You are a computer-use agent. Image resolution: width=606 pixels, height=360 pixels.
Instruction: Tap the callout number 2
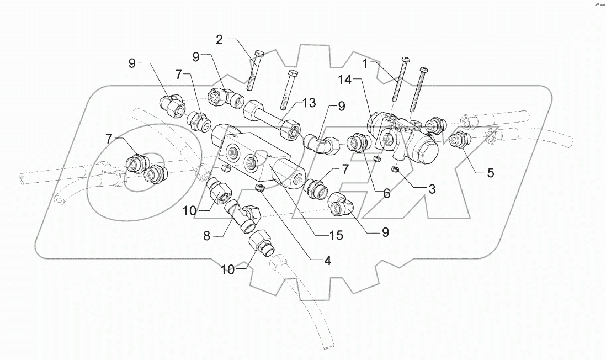click(x=219, y=40)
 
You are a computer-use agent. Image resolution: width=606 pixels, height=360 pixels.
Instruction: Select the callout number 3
click(x=432, y=189)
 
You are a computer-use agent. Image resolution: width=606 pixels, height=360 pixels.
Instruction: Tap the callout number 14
click(x=344, y=80)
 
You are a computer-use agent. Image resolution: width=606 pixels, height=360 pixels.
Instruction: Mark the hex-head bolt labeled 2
click(x=254, y=71)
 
